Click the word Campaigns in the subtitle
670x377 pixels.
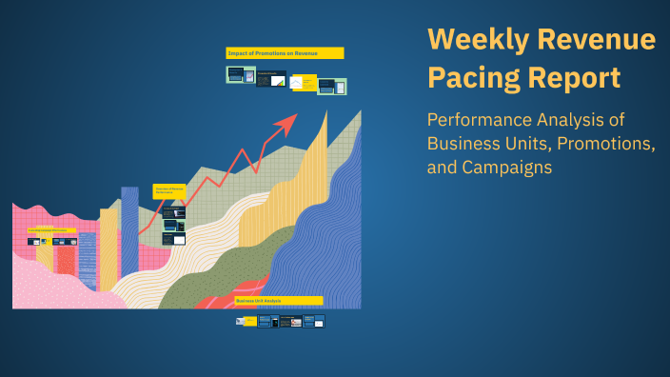pos(506,168)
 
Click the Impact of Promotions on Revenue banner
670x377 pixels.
pos(285,53)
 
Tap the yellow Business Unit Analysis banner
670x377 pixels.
pos(279,301)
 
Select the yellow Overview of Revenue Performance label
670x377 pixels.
pos(169,191)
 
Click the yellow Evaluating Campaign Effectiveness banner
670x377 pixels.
pos(52,229)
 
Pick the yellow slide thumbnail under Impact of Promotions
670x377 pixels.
pos(303,83)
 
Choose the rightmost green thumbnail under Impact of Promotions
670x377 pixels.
pos(332,87)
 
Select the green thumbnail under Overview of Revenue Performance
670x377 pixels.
pos(173,227)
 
